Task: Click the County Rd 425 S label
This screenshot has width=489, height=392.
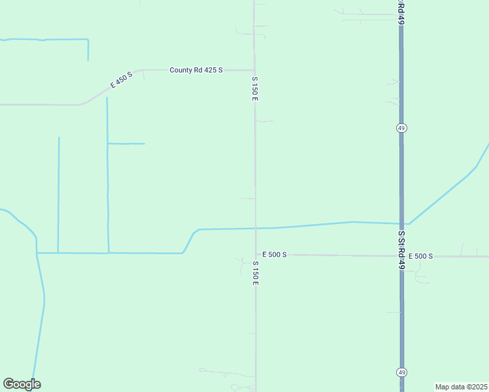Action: tap(196, 70)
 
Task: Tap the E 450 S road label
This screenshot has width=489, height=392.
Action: tap(121, 80)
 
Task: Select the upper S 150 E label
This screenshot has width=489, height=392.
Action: tap(255, 88)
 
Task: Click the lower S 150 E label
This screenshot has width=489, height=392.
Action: tap(256, 273)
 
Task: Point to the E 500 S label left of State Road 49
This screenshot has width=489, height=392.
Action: tap(275, 254)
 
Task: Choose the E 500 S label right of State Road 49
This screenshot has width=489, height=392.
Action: tap(420, 256)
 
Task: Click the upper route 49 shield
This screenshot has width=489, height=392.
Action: tap(401, 128)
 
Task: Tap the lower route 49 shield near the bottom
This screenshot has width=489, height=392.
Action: tap(402, 372)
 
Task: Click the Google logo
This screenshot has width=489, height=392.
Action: tap(22, 384)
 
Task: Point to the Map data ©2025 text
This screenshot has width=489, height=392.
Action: tap(462, 387)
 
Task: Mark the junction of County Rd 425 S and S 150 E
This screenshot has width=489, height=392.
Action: tap(254, 70)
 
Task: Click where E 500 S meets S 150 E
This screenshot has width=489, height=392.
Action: tap(256, 255)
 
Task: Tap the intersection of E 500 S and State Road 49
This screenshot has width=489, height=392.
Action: tap(401, 255)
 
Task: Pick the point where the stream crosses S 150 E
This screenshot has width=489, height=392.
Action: tap(256, 228)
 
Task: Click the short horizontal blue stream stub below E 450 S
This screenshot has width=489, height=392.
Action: tap(126, 143)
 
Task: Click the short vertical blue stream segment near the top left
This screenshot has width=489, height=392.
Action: tap(88, 50)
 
